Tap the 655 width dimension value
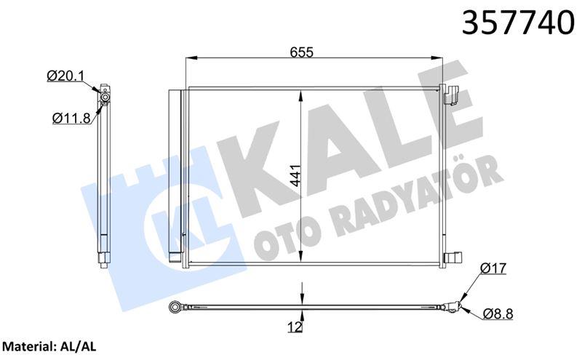pos(300,52)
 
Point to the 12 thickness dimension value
pos(295,327)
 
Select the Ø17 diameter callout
pos(493,269)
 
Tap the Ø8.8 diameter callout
pos(495,314)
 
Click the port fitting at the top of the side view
pos(105,95)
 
